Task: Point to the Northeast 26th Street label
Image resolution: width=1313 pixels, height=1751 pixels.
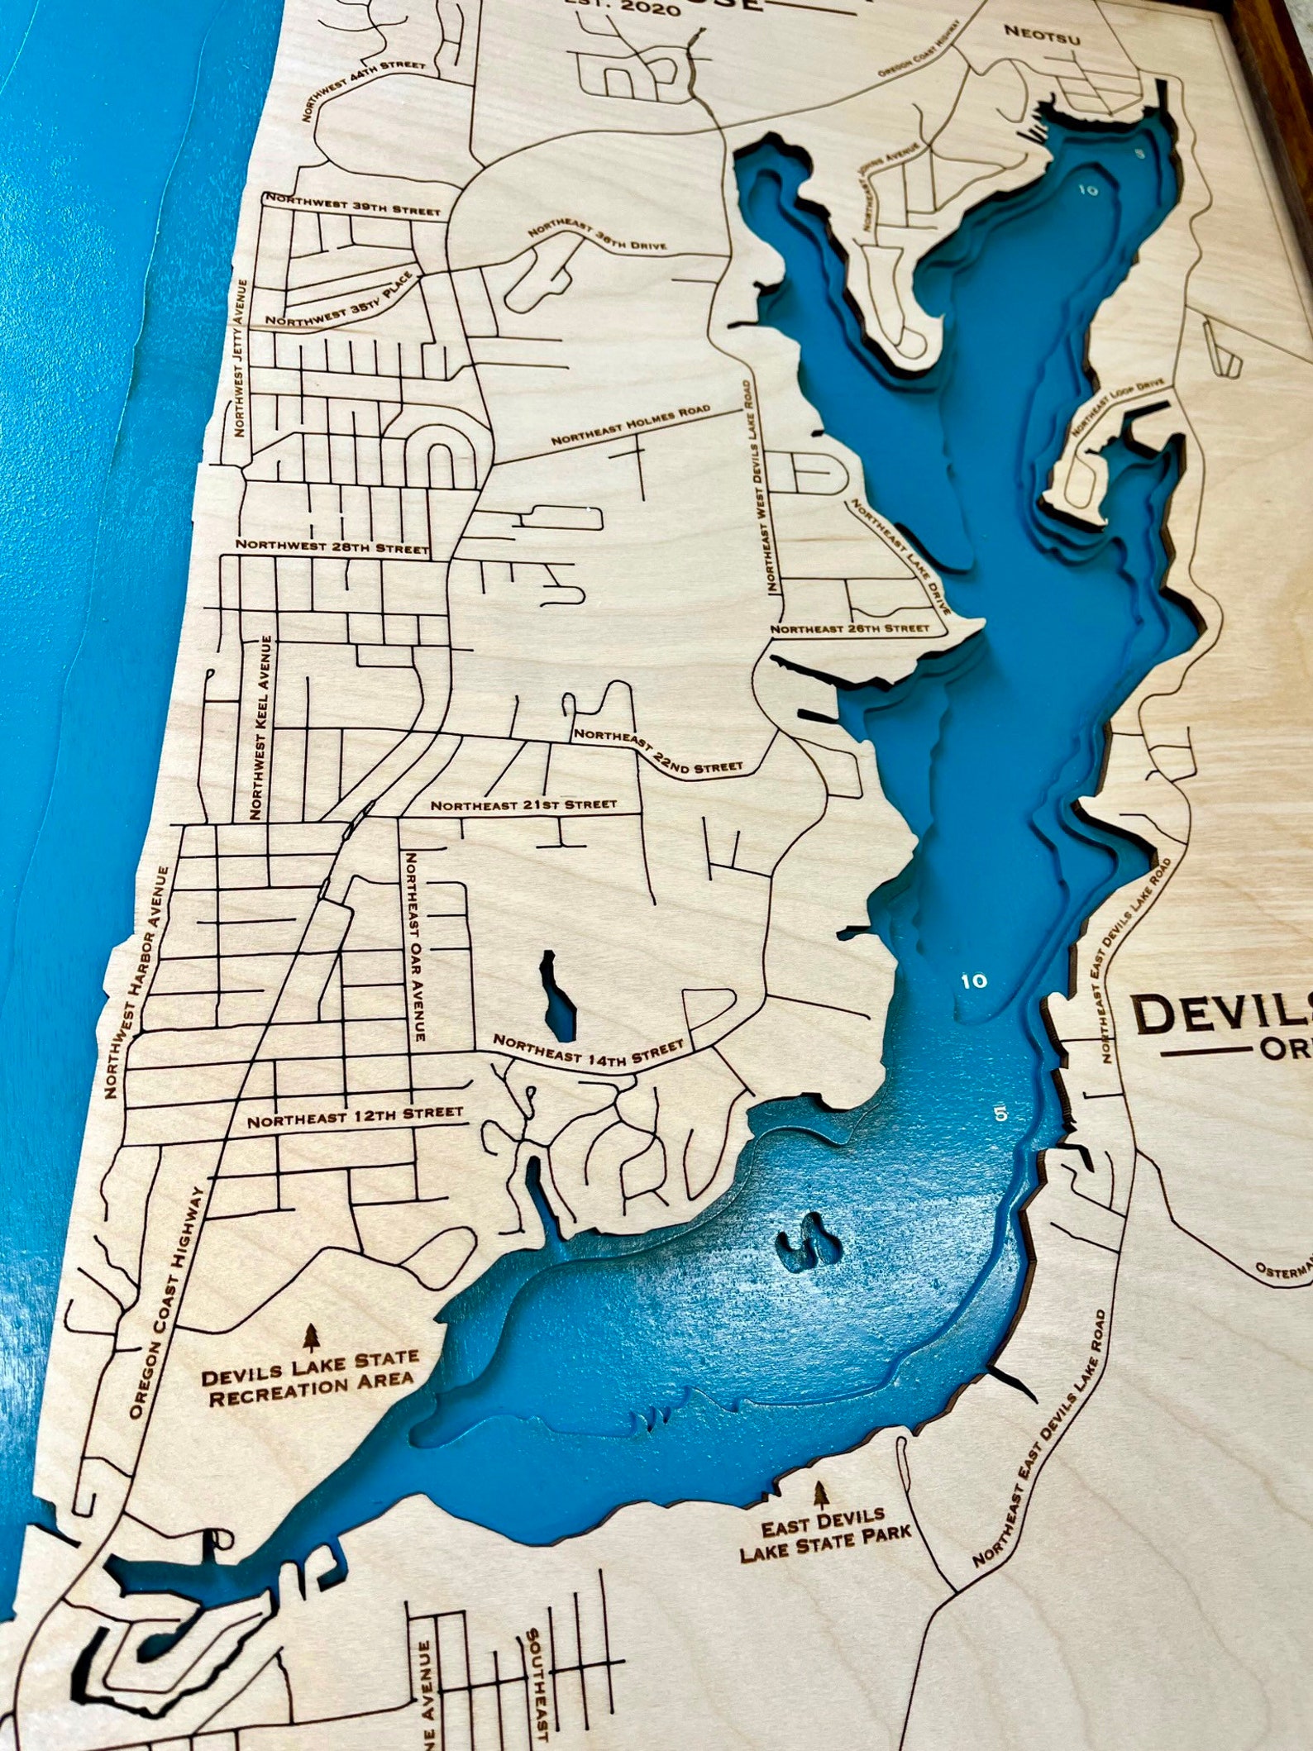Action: click(x=850, y=628)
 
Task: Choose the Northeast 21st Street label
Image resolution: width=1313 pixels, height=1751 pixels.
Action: click(x=523, y=804)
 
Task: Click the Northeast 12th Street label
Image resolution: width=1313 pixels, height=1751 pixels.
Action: click(x=355, y=1117)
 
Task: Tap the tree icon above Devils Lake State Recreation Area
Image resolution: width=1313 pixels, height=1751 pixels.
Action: click(x=311, y=1335)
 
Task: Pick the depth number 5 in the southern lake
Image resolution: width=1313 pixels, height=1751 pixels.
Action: click(x=1001, y=1114)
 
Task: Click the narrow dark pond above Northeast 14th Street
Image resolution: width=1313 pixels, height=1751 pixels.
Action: click(x=557, y=995)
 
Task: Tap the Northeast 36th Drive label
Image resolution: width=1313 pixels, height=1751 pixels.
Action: click(x=595, y=239)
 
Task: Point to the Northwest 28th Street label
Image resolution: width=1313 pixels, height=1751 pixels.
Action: click(x=332, y=546)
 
